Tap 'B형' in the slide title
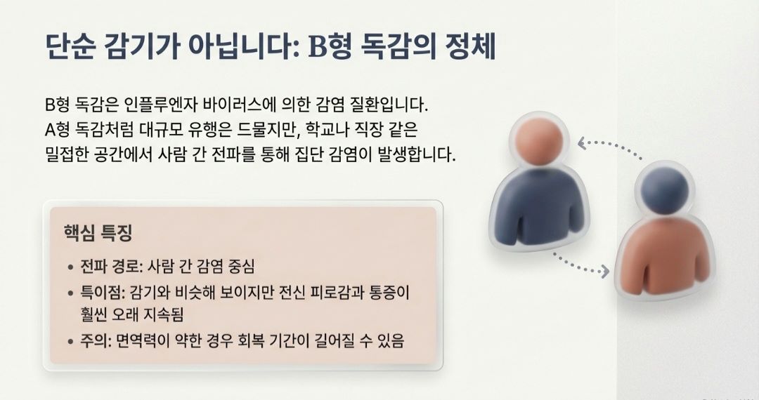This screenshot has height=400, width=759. pos(328,48)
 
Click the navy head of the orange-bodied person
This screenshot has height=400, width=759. pos(665,189)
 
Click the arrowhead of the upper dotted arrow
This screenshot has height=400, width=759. pos(581,144)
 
